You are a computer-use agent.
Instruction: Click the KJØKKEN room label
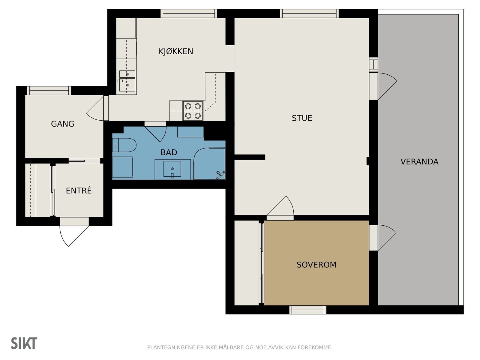(x=176, y=51)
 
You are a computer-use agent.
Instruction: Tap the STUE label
(x=302, y=118)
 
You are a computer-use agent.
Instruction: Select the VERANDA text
(x=419, y=162)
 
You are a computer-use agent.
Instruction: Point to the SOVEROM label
(x=316, y=265)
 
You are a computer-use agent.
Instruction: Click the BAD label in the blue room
(x=169, y=152)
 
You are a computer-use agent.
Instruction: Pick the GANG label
(x=62, y=124)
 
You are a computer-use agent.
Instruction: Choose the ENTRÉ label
(x=79, y=190)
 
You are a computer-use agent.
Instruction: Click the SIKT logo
(x=24, y=343)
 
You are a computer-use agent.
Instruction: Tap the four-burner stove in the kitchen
(x=193, y=111)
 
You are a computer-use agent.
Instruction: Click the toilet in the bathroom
(x=124, y=145)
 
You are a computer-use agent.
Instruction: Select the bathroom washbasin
(x=172, y=169)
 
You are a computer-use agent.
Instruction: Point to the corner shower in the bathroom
(x=209, y=164)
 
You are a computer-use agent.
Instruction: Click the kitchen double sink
(x=127, y=81)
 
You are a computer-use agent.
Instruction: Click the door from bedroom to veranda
(x=383, y=238)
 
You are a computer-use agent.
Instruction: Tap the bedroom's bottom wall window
(x=308, y=310)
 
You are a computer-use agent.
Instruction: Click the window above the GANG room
(x=49, y=91)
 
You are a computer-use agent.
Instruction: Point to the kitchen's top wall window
(x=189, y=13)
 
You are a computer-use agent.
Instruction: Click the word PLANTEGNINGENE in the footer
(x=171, y=347)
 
